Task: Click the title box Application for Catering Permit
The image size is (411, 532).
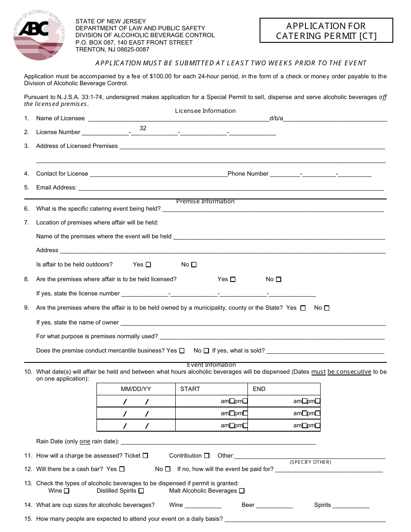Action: click(x=326, y=31)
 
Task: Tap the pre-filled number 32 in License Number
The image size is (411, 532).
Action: click(x=143, y=128)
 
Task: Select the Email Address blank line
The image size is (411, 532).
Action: click(x=231, y=187)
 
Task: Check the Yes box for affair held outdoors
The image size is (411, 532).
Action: click(x=148, y=265)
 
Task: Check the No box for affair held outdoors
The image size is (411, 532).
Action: click(x=194, y=265)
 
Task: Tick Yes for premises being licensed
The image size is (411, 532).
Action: click(x=233, y=279)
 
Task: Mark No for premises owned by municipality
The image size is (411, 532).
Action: click(x=327, y=308)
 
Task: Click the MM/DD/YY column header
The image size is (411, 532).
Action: click(x=136, y=389)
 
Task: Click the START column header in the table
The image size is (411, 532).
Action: click(x=190, y=389)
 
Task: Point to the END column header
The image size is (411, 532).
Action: click(x=259, y=389)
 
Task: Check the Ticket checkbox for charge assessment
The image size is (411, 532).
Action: click(x=145, y=455)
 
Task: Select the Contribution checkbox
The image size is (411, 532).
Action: click(x=207, y=455)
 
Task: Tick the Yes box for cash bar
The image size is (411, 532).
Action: click(x=122, y=469)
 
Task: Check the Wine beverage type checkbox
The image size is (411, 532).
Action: click(x=66, y=491)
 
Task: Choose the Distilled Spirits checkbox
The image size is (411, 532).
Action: click(x=141, y=491)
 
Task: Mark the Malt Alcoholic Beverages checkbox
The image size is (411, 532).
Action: click(x=242, y=491)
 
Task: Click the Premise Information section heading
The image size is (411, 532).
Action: click(x=205, y=201)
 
